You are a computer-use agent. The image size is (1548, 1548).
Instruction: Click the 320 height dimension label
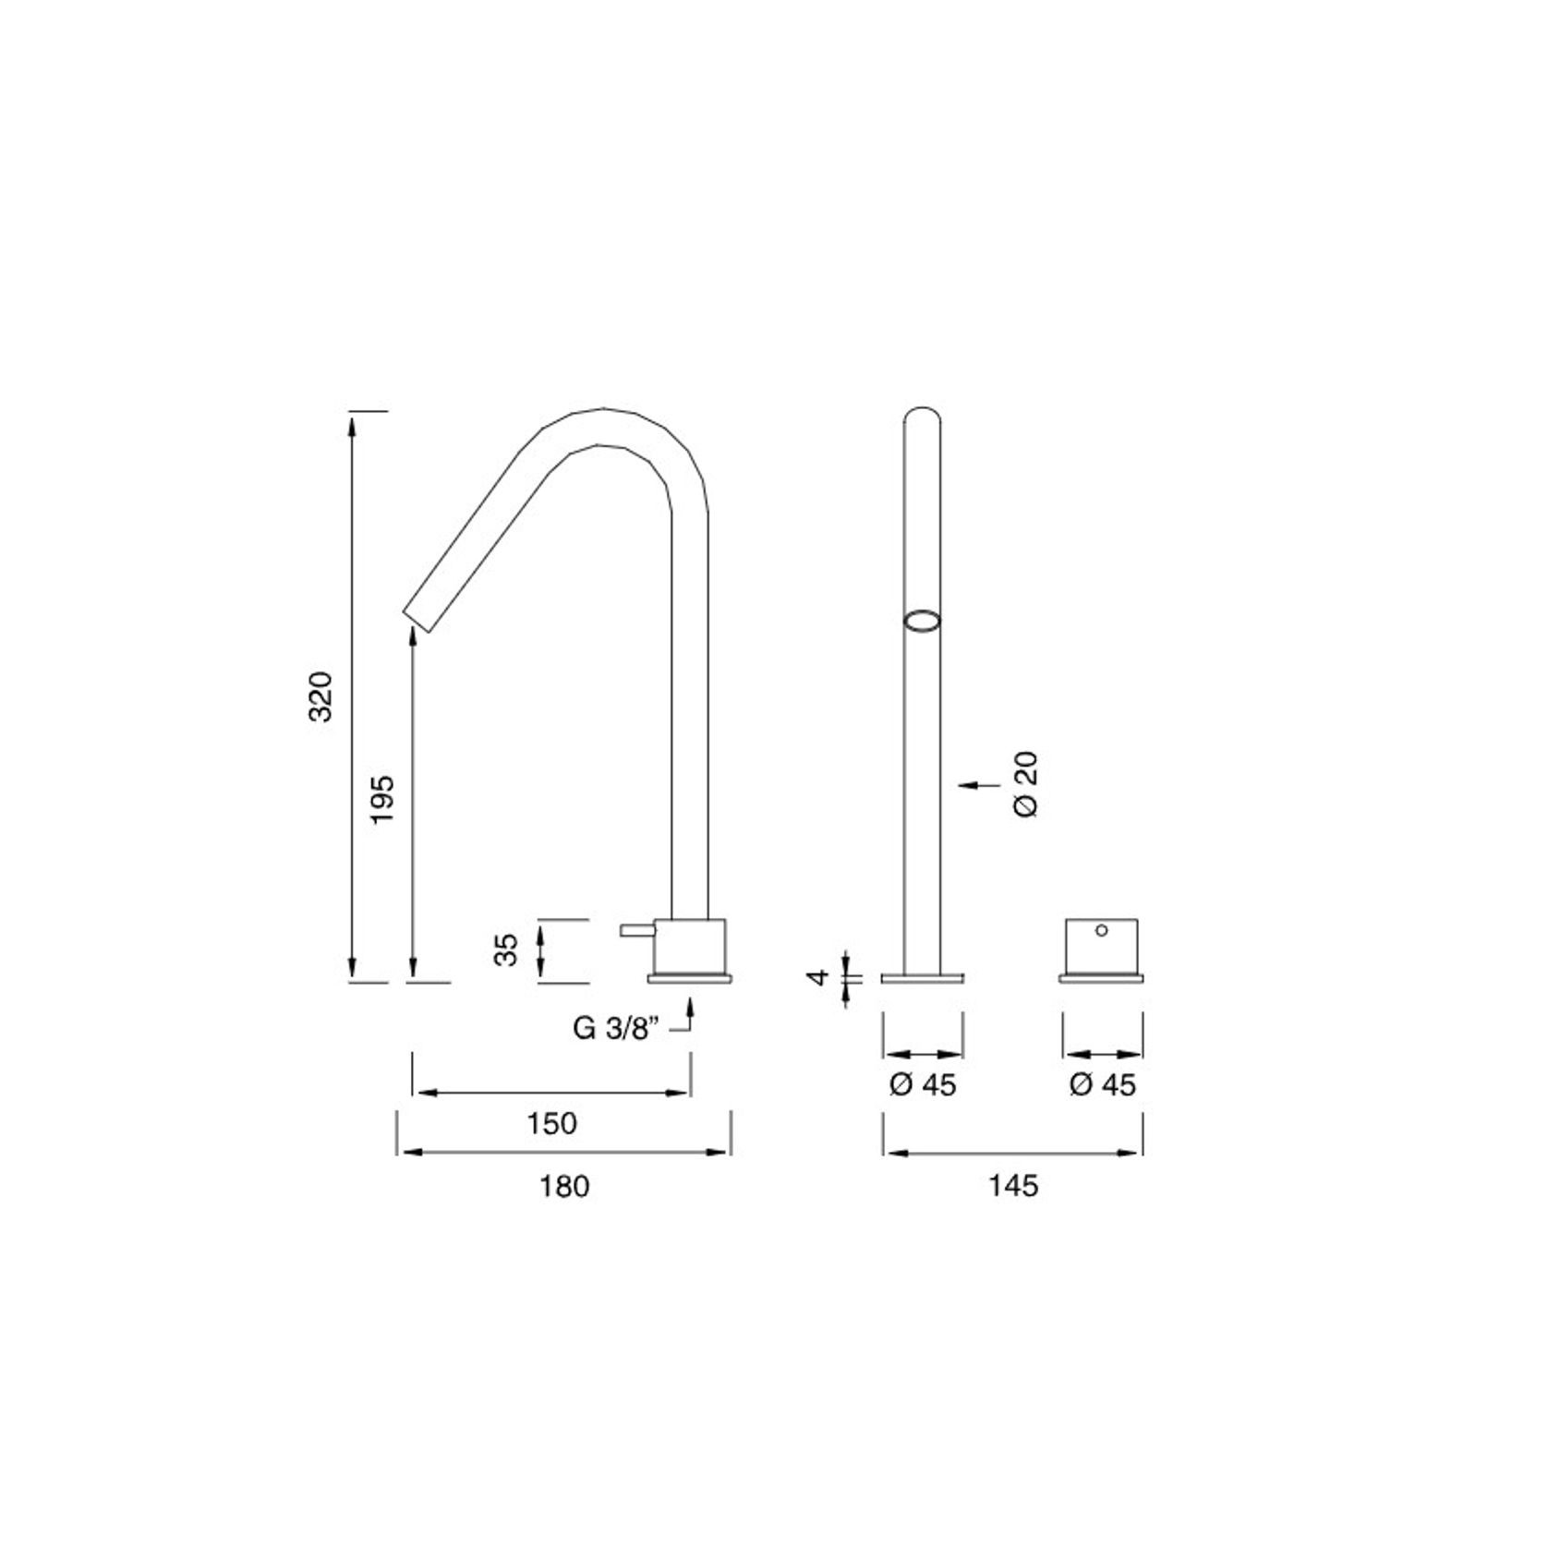[x=320, y=696]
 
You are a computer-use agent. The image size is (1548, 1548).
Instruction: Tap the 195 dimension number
[x=382, y=800]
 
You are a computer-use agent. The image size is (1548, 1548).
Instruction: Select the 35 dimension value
[x=505, y=949]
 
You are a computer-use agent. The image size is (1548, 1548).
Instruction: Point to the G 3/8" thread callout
[x=615, y=1028]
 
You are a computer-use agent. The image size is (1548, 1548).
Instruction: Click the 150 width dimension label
[x=551, y=1123]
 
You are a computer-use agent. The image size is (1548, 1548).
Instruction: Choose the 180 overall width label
[x=563, y=1186]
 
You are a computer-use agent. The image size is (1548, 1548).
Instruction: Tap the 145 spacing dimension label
[x=1013, y=1186]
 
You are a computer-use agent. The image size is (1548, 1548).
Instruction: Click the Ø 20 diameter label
[x=1026, y=783]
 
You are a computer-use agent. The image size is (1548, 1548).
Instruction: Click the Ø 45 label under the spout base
[x=923, y=1084]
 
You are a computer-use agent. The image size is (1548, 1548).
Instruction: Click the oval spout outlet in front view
[x=922, y=621]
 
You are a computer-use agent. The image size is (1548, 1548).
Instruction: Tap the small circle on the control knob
[x=1101, y=930]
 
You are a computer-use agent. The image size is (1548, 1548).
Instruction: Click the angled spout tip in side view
[x=418, y=620]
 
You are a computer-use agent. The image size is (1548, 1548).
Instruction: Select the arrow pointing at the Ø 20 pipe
[x=979, y=785]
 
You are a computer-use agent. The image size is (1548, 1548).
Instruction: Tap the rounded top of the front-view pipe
[x=922, y=413]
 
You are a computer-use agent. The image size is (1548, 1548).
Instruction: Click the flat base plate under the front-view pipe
[x=922, y=978]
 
